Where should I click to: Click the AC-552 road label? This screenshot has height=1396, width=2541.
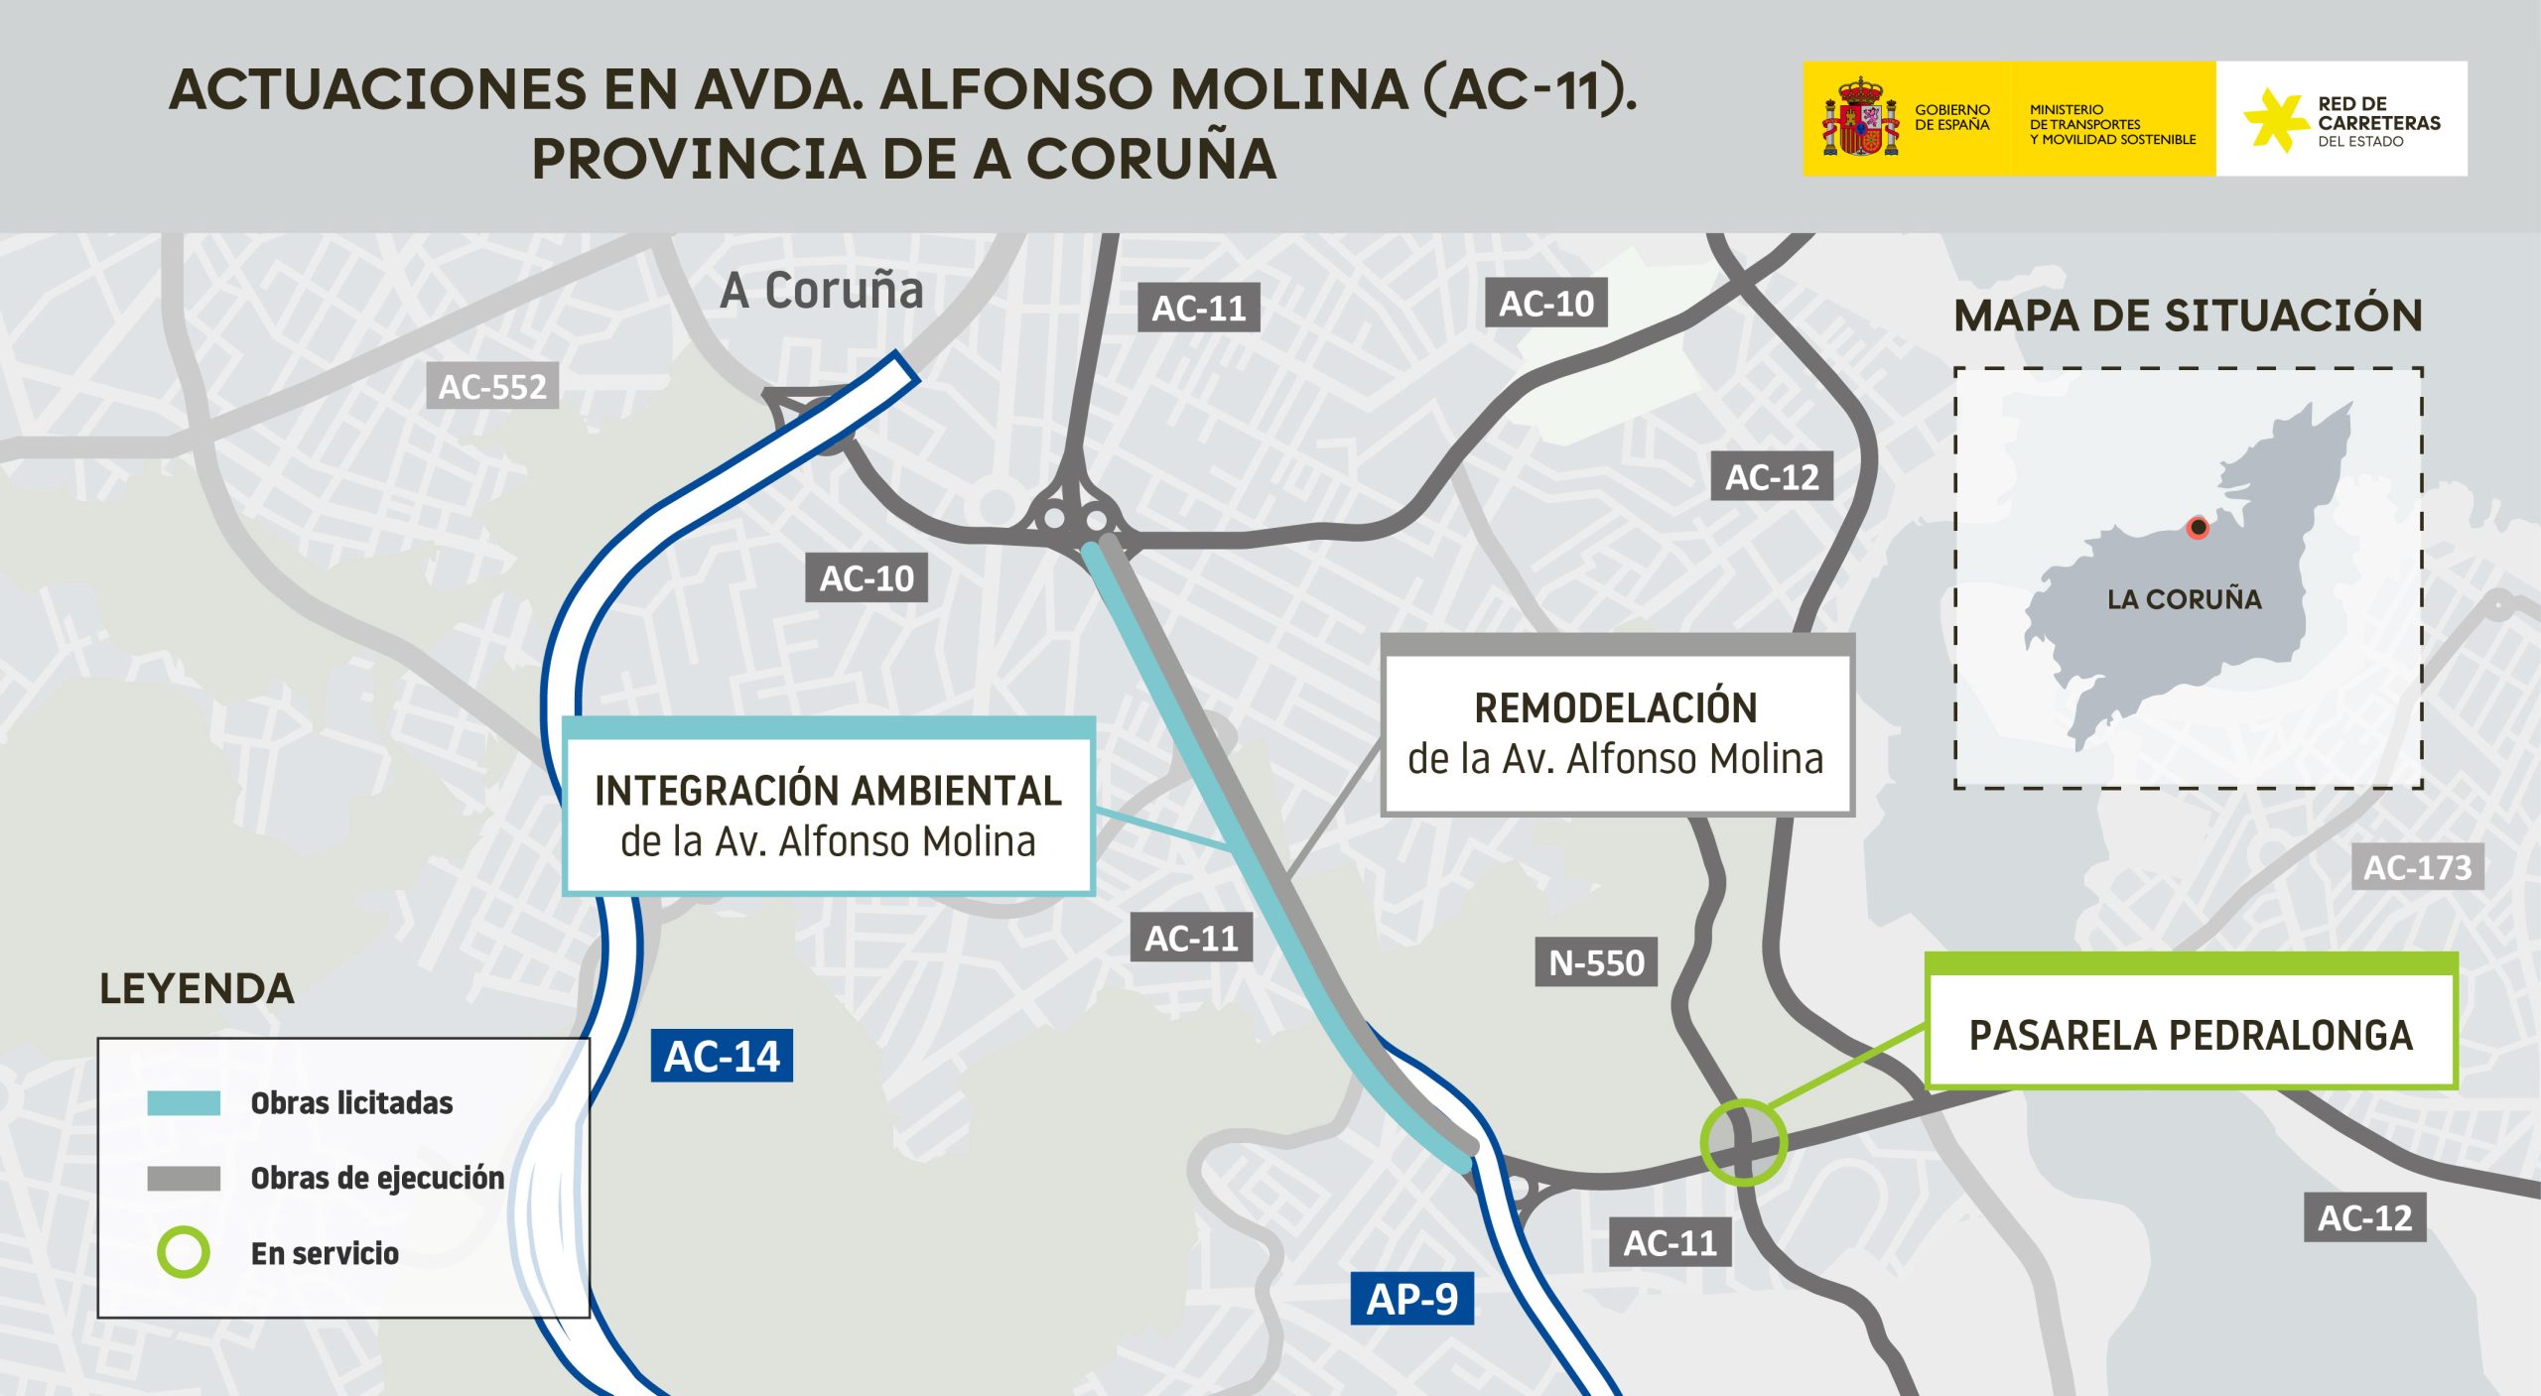coord(492,386)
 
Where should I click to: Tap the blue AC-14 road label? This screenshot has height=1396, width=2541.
coord(722,1056)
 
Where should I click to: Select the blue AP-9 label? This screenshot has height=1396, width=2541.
coord(1411,1299)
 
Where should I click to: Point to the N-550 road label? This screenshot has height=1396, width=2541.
coord(1596,962)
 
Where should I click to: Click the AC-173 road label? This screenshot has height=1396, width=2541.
coord(2417,868)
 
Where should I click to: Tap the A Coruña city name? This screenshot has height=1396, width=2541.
coord(822,291)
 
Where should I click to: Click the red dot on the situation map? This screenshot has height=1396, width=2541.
coord(2199,527)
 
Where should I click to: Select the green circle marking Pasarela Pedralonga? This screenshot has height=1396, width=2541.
coord(1743,1143)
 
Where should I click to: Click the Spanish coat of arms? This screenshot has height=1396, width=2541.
coord(1859,119)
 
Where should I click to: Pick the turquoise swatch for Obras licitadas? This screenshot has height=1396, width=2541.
coord(184,1103)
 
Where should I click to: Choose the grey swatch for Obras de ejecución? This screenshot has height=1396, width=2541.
coord(184,1179)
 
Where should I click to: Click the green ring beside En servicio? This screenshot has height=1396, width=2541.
coord(184,1252)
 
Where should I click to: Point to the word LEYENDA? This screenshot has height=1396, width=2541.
coord(197,989)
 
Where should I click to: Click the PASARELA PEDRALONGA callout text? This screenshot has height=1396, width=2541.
coord(2191,1036)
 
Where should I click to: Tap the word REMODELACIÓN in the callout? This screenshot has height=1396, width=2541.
coord(1616,708)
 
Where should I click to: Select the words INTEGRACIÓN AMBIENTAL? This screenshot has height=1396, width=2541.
coord(828,791)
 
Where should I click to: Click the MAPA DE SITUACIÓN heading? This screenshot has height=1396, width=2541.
coord(2188,317)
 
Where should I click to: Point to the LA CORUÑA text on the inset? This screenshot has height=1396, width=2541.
coord(2184,599)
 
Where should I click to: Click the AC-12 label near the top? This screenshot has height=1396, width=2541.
coord(1772,477)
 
